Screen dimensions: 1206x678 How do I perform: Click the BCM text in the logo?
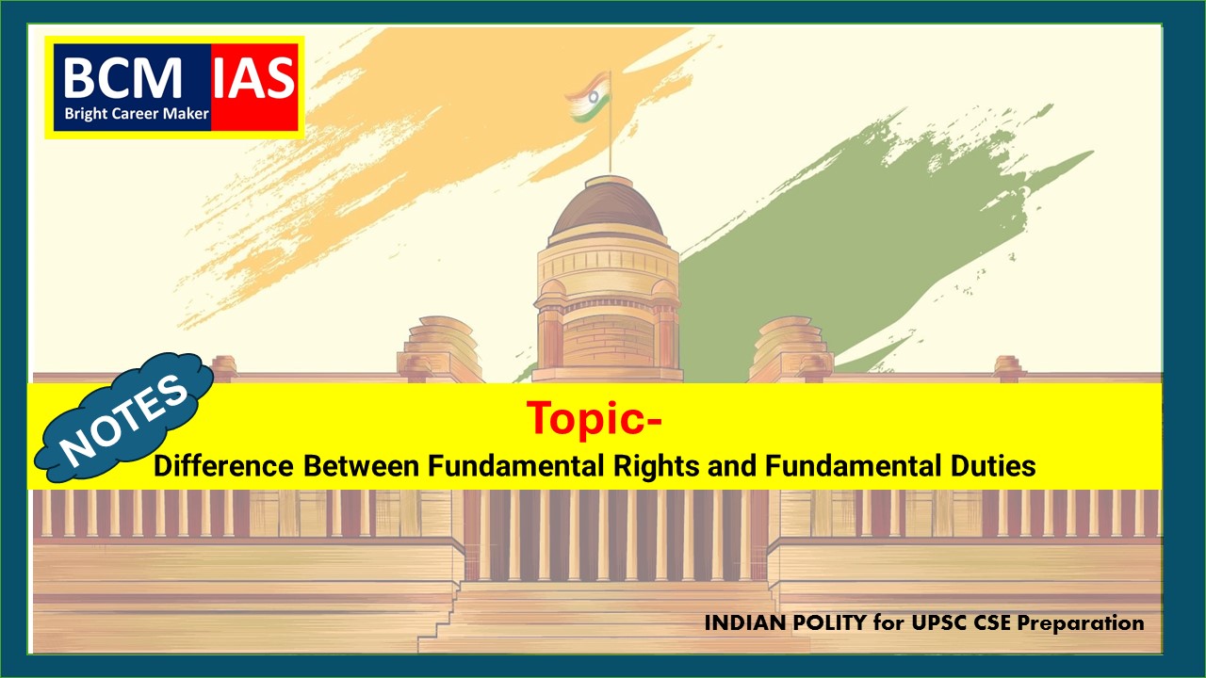coord(122,78)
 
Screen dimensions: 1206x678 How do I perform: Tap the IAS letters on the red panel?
coord(254,78)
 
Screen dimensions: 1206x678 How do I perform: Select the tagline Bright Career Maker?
coord(137,114)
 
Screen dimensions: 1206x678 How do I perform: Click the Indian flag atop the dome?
coord(588,97)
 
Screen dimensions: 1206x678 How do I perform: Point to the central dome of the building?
coord(608,207)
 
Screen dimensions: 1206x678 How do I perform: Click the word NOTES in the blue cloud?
coord(123,420)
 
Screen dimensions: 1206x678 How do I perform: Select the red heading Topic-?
coord(595,418)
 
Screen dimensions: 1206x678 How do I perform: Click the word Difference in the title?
coord(223,465)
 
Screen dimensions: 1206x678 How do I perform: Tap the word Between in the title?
coord(361,465)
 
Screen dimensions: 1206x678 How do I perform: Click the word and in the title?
coord(732,465)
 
